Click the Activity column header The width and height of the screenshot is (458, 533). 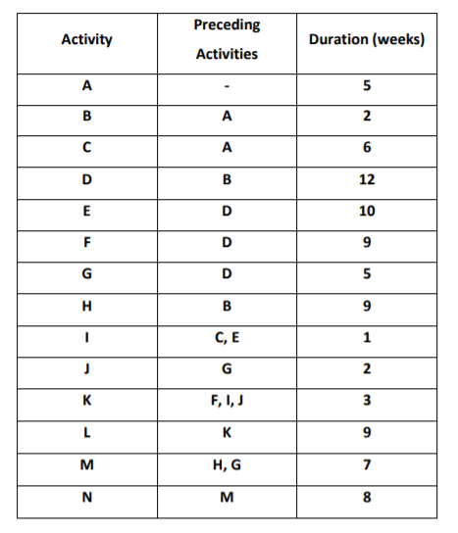point(86,40)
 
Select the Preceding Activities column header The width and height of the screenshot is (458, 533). point(227,39)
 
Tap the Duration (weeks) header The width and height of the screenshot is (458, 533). point(366,40)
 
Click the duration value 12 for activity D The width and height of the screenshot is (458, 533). point(367,180)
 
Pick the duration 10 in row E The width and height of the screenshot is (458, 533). point(367,212)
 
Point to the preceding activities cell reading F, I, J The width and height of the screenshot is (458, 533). point(227,400)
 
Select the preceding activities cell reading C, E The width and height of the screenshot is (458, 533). point(227,337)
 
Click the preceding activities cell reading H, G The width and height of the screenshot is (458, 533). point(227,462)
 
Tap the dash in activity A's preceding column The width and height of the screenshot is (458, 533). point(227,86)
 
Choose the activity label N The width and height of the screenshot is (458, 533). point(86,495)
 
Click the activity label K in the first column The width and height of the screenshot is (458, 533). point(86,400)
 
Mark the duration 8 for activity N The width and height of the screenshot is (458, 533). point(367,495)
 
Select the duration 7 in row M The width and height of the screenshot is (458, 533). point(367,462)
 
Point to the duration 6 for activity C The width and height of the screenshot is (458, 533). point(367,149)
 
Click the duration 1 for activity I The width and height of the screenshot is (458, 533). point(367,337)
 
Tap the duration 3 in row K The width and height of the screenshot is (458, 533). point(367,400)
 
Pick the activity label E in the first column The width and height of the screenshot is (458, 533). point(86,212)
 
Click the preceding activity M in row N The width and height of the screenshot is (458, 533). point(227,495)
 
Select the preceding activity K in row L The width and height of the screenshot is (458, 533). point(227,431)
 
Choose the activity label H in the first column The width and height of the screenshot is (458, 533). point(86,306)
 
